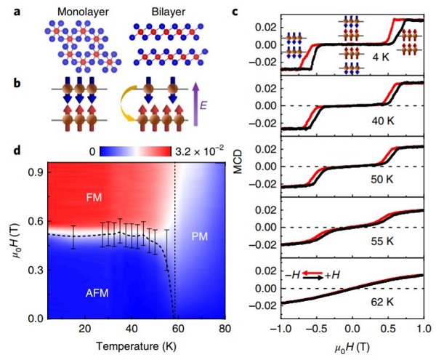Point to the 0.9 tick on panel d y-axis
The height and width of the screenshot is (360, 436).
[35, 172]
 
